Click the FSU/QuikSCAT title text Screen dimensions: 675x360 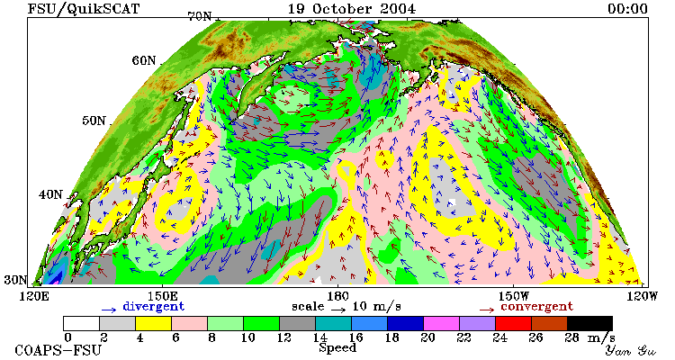pos(84,9)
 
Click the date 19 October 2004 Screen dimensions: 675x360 pos(352,9)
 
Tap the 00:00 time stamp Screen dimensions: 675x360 pos(627,9)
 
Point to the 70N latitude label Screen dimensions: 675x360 pos(200,17)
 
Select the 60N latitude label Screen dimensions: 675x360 pos(144,60)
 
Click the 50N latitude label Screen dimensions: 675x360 pos(94,121)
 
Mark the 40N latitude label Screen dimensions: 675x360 pos(50,194)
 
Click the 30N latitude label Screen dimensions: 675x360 pos(16,280)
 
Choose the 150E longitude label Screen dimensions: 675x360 pos(162,296)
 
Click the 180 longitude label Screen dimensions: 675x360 pos(337,296)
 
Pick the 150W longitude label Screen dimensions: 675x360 pos(514,296)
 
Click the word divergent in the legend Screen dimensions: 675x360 pos(154,306)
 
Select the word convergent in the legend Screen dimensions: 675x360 pos(536,306)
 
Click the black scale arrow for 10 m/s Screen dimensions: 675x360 pos(338,310)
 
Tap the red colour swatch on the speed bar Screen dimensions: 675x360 pos(513,323)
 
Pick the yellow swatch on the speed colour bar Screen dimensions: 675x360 pos(153,323)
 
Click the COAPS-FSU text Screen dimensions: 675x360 pos(58,350)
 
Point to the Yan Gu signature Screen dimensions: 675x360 pos(631,350)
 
